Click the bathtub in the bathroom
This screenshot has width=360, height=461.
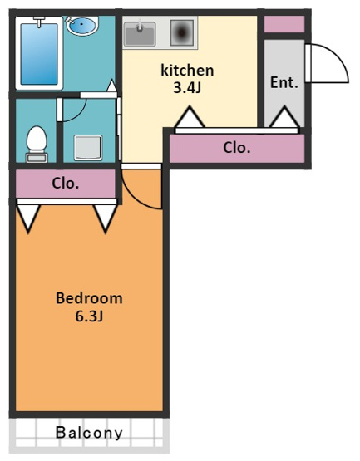coord(39,53)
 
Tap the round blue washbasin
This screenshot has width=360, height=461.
coord(82,25)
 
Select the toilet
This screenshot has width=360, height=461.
coord(37,145)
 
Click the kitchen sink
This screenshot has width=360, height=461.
coord(140,34)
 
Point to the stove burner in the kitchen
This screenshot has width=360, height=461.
coord(182,32)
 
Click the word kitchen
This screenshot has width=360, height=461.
coord(187,71)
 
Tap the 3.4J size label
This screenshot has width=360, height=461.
coord(187,87)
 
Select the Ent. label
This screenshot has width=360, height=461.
coord(284,82)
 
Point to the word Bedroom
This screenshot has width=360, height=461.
coord(89,298)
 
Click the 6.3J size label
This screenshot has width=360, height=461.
coord(89,316)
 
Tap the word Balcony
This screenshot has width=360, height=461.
coord(89,433)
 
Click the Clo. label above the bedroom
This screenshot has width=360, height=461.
coord(66,184)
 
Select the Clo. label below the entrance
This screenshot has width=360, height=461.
coord(237,148)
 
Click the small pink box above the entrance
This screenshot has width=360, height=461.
coord(284,24)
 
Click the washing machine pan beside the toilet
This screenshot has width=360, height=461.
coord(88,148)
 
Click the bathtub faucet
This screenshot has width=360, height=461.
coord(39,22)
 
